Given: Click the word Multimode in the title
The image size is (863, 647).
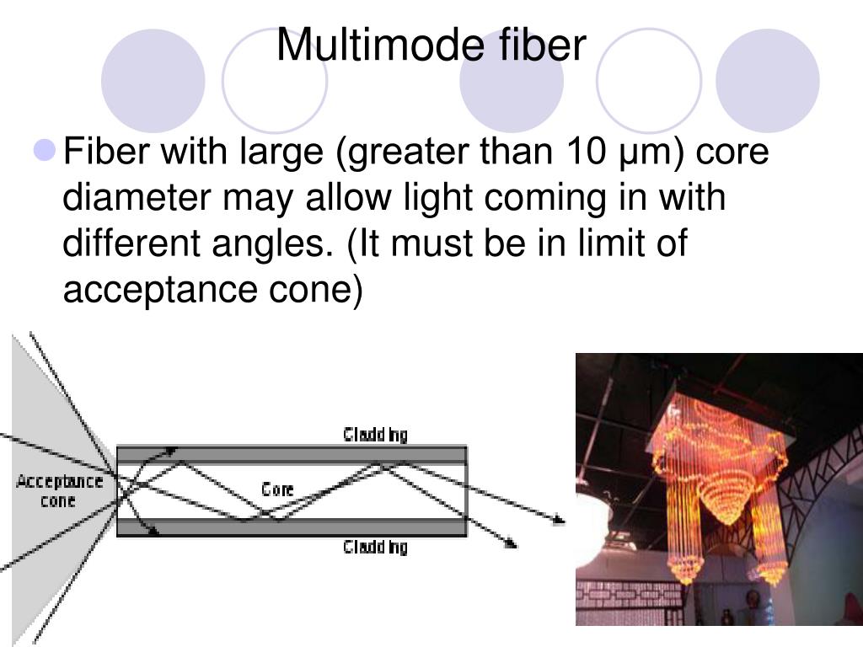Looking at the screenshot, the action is [378, 45].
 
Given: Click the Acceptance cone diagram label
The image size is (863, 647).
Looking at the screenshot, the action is [58, 491].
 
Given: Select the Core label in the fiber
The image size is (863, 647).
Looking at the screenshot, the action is [277, 489].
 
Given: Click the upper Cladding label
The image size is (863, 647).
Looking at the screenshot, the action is [375, 435].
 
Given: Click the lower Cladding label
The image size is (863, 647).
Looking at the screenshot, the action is [375, 548].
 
